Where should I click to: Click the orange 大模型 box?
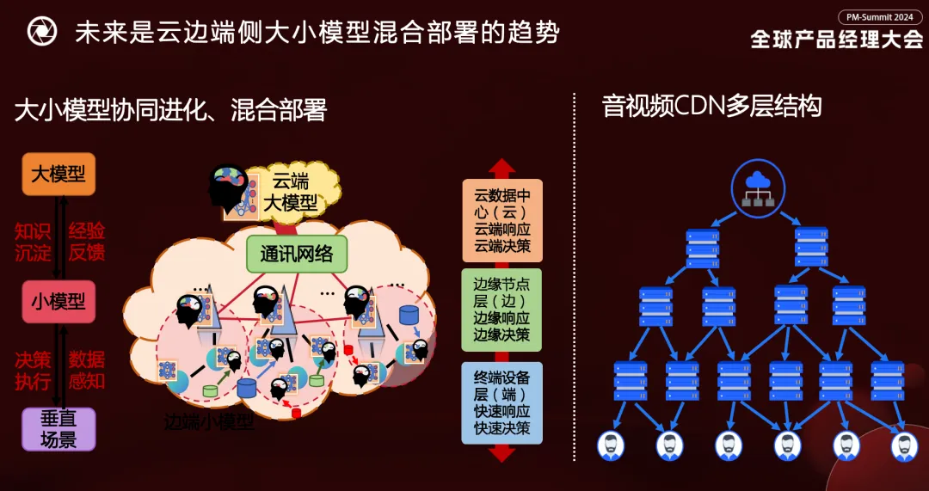coord(58,175)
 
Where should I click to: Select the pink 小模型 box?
coord(58,302)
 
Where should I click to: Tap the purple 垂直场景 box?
coord(58,429)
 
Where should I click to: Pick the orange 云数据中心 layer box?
coord(502,221)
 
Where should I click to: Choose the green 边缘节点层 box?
coord(502,310)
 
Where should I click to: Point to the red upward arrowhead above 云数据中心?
coord(502,168)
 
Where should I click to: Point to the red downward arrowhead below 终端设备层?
coord(502,453)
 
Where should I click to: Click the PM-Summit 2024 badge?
coord(880,17)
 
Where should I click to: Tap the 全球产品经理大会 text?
coord(836,40)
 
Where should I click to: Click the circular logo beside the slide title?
coord(41,32)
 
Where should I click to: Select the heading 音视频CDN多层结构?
coord(711,106)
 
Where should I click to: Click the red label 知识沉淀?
coord(33,242)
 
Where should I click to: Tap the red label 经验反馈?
coord(87,242)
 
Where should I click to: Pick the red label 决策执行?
coord(33,370)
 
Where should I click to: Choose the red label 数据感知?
coord(87,370)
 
